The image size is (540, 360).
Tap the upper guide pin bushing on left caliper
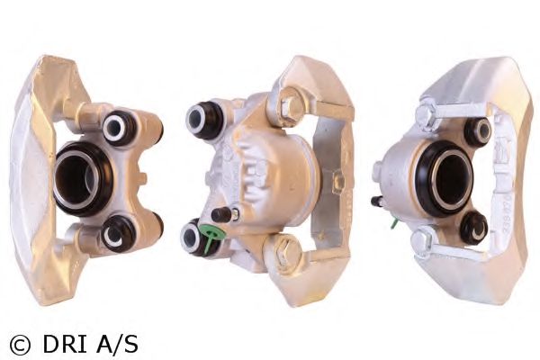116,127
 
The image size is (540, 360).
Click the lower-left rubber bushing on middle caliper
193,237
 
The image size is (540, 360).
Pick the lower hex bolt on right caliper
420,240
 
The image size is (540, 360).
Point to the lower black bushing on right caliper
472,228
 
